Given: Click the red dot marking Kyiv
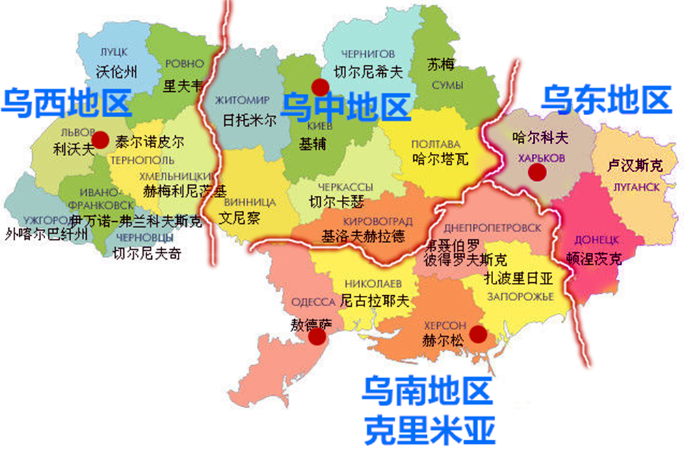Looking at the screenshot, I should click(x=319, y=87).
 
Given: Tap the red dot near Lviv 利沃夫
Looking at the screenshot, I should click(x=101, y=140).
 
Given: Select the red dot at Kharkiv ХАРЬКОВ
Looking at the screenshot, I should click(x=537, y=173).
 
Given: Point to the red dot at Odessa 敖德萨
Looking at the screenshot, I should click(x=317, y=336).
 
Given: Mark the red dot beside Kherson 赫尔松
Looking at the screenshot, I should click(x=478, y=334).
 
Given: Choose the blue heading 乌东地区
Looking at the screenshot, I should click(x=606, y=100).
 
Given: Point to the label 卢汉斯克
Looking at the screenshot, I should click(x=635, y=166).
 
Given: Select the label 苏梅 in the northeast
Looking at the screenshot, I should click(x=440, y=65).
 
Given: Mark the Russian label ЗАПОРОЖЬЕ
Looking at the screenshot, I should click(x=521, y=296).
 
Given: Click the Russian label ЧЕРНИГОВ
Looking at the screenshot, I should click(x=367, y=53).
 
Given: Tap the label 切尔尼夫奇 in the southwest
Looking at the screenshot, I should click(x=147, y=254).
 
